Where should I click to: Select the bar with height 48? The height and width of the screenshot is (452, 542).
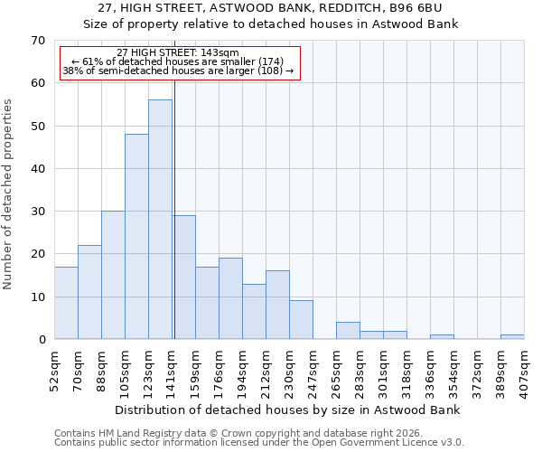click(x=136, y=237)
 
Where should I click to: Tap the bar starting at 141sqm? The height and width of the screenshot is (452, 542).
click(x=183, y=278)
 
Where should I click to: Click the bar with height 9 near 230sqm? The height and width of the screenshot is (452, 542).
click(x=301, y=320)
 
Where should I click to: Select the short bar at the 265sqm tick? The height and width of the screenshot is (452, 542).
click(x=348, y=331)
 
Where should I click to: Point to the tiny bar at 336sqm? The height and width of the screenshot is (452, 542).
click(x=442, y=337)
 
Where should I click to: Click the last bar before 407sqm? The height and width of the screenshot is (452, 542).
click(x=512, y=337)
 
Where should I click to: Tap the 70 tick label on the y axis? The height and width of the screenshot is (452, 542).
click(x=37, y=41)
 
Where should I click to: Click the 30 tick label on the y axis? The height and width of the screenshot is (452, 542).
click(x=37, y=212)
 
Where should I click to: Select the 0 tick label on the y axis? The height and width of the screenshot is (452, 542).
click(x=41, y=340)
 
